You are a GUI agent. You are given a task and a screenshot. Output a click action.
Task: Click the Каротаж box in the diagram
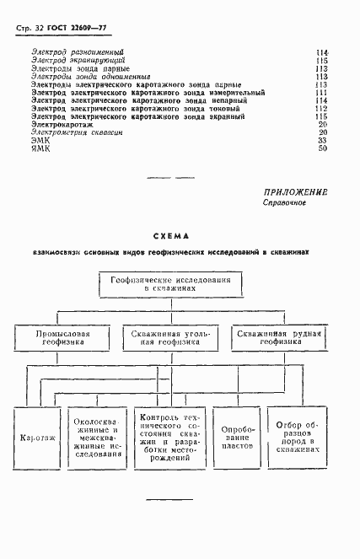click(x=37, y=438)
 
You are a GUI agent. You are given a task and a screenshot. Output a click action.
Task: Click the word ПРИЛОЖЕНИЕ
click(x=295, y=192)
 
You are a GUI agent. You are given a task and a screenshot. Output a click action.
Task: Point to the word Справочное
click(x=283, y=204)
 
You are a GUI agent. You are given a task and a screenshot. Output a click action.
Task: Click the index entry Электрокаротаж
click(x=63, y=124)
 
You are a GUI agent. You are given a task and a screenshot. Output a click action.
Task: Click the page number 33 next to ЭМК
click(x=321, y=140)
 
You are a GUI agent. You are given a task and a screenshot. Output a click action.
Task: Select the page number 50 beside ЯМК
click(x=321, y=148)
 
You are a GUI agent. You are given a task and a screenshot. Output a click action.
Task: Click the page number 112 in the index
click(x=320, y=109)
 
